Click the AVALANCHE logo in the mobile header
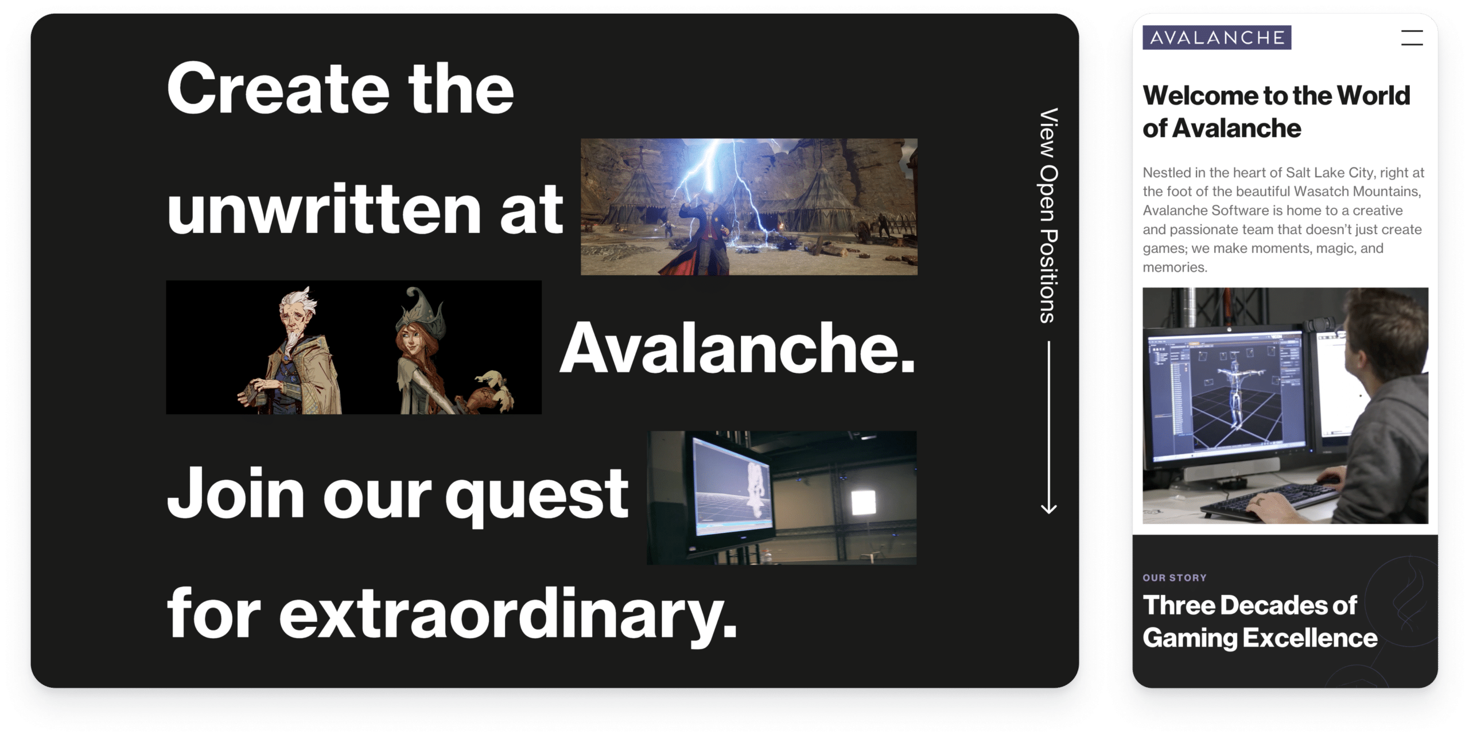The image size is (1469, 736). tap(1217, 37)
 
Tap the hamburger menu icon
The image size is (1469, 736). tap(1412, 38)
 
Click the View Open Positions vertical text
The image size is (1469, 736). tap(1049, 216)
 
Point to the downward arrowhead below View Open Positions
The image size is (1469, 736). tap(1049, 508)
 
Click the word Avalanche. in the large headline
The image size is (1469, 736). tap(737, 348)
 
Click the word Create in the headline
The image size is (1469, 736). tap(278, 89)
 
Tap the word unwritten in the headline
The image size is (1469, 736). tap(324, 208)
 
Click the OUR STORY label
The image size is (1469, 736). tap(1175, 578)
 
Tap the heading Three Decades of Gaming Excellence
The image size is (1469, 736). tap(1260, 622)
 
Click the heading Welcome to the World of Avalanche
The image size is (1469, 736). tap(1276, 112)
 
